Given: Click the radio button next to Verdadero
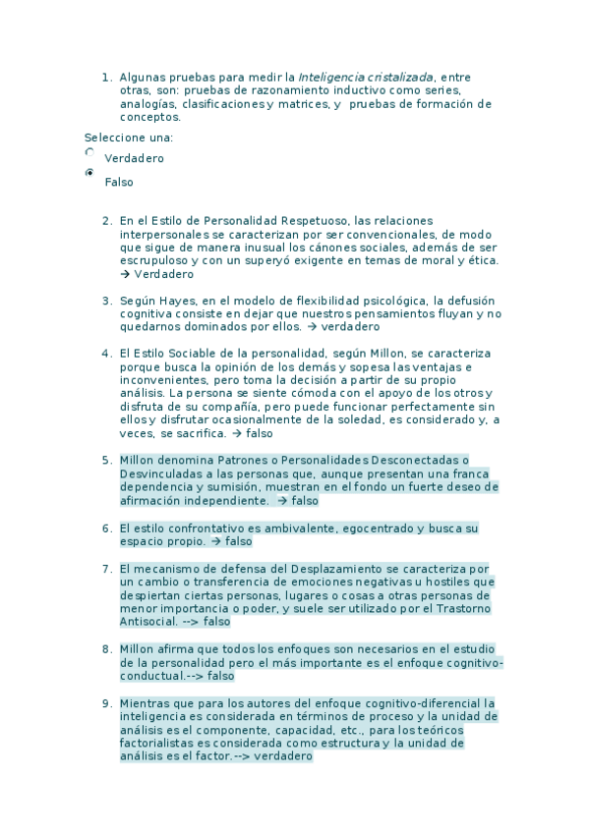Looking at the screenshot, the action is (x=90, y=153).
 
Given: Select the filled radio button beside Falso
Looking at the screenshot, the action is (x=90, y=174).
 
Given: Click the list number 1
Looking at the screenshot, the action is (x=106, y=77).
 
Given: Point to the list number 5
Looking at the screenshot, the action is (x=106, y=460).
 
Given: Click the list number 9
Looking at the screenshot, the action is (x=106, y=703).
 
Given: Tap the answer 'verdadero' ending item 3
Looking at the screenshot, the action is (x=350, y=327).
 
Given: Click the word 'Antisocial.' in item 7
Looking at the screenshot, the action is (x=148, y=622).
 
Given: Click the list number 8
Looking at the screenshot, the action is (x=106, y=649).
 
